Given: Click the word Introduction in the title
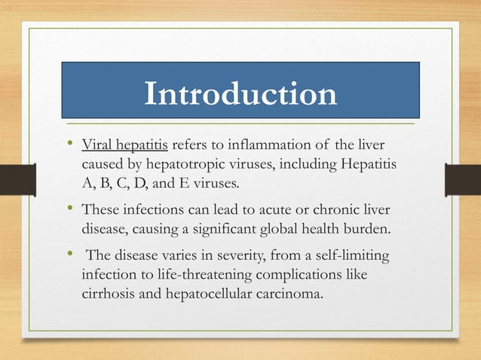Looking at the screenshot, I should pyautogui.click(x=240, y=94).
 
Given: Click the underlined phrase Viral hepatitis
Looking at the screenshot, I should pyautogui.click(x=127, y=145).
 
